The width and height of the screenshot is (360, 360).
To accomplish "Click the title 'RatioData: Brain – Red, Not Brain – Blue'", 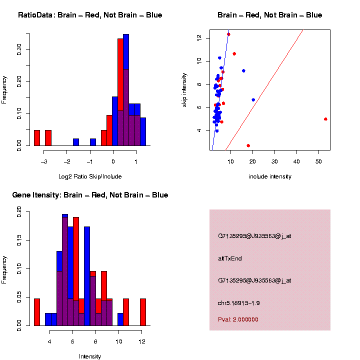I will (x=90, y=15).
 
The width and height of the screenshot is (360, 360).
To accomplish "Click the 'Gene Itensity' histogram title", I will (x=90, y=195).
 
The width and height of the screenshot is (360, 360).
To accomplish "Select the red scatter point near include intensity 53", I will (x=325, y=119).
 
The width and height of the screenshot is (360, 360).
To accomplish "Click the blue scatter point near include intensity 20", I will (x=253, y=99).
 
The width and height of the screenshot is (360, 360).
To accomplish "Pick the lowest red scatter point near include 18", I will (x=248, y=145).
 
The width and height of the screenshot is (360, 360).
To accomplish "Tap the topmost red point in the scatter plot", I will (x=228, y=34).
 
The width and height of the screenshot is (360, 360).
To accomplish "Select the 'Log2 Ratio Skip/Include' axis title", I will (x=90, y=176).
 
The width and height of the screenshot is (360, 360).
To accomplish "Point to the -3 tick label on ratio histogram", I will (x=43, y=161).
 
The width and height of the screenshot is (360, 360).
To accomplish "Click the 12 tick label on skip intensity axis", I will (x=199, y=37).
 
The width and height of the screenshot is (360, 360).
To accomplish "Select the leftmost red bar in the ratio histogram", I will (x=37, y=138).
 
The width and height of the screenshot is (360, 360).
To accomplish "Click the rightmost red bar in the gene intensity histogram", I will (x=143, y=312).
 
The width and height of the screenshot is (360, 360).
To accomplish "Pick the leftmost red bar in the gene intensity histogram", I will (x=37, y=312).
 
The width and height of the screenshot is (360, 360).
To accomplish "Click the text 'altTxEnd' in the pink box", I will (x=230, y=258).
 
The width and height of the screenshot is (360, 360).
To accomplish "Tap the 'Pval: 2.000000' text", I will (x=238, y=319).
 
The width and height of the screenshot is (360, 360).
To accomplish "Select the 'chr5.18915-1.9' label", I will (x=239, y=303).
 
